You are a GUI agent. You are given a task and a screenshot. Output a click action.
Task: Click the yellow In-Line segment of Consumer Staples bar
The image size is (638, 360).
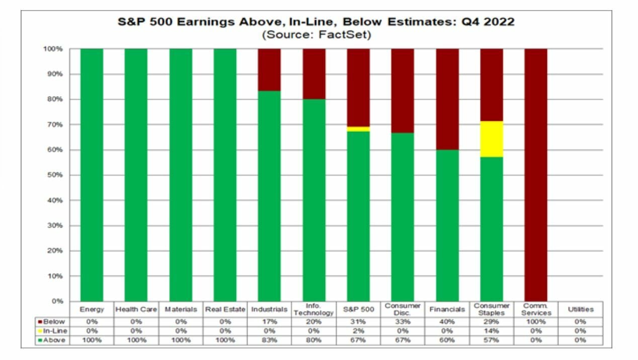492,139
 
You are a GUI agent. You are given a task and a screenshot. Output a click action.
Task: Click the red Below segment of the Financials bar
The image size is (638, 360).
447,99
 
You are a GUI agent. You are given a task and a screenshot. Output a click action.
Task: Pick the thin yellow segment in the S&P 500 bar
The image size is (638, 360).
358,129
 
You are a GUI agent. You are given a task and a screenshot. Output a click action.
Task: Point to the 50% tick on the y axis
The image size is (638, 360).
55,175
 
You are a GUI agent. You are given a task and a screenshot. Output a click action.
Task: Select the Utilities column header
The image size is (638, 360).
580,309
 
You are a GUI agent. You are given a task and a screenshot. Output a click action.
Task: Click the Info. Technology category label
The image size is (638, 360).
313,309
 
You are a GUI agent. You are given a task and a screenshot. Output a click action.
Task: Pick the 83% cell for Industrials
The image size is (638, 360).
269,340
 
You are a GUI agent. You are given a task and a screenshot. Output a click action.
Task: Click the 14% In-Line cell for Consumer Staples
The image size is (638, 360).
492,331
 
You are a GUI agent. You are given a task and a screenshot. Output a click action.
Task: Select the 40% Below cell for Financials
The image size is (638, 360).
447,321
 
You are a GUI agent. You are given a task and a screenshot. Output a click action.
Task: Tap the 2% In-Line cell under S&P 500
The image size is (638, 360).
358,331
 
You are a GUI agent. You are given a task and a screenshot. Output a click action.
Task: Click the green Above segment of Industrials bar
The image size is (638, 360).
269,196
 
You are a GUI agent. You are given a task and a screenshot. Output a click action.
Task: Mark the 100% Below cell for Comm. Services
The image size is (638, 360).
536,321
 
